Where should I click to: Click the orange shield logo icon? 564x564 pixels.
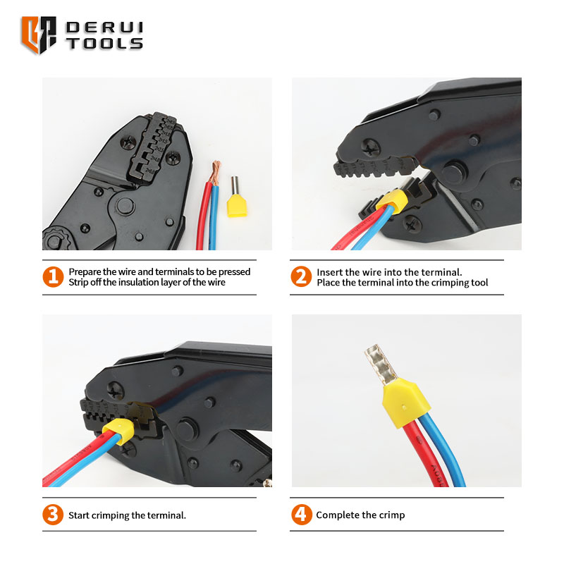pyautogui.click(x=39, y=35)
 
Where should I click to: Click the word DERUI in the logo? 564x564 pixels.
pyautogui.click(x=104, y=28)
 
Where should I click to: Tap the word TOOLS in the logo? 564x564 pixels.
pyautogui.click(x=104, y=44)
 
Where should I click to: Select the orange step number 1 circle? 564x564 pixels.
pyautogui.click(x=53, y=276)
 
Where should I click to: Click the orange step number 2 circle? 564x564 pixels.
pyautogui.click(x=301, y=276)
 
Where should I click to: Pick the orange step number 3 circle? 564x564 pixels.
pyautogui.click(x=52, y=515)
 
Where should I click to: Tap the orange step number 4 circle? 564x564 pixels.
pyautogui.click(x=302, y=515)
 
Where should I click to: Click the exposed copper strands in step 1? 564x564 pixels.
pyautogui.click(x=216, y=173)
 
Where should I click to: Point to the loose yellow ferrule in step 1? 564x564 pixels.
pyautogui.click(x=236, y=197)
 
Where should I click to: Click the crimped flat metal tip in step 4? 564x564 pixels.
pyautogui.click(x=381, y=364)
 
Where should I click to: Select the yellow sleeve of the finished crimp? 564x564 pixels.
pyautogui.click(x=406, y=402)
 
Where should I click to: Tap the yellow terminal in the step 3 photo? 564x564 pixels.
pyautogui.click(x=118, y=431)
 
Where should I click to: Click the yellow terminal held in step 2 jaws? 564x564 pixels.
pyautogui.click(x=391, y=202)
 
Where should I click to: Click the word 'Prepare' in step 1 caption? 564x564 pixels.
pyautogui.click(x=85, y=272)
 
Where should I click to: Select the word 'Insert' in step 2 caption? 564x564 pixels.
pyautogui.click(x=328, y=272)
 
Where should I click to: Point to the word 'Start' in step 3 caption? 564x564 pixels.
pyautogui.click(x=79, y=515)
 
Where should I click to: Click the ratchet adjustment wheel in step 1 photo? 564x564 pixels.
pyautogui.click(x=54, y=239)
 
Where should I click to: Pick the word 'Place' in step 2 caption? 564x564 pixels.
pyautogui.click(x=329, y=283)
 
